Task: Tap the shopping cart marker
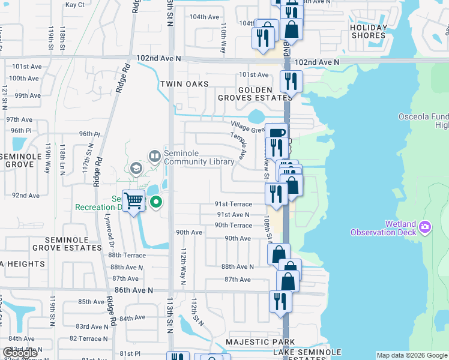(x=134, y=200)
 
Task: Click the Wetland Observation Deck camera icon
(x=426, y=227)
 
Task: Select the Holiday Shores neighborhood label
(x=368, y=31)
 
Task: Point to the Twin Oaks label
(x=184, y=84)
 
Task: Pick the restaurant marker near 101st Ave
(x=291, y=81)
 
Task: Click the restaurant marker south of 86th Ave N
(x=280, y=301)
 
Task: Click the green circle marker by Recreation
(x=155, y=202)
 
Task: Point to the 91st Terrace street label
(x=234, y=204)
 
